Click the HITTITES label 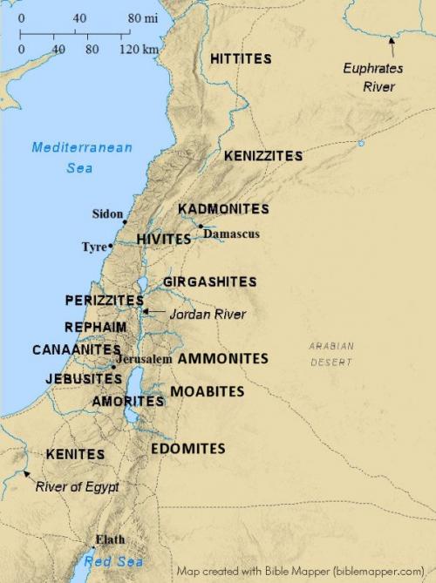pos(241,58)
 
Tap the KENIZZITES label pos(263,156)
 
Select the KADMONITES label pos(223,209)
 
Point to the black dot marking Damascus pos(201,227)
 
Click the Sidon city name pos(107,214)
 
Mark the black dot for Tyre pos(111,247)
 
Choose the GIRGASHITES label pos(209,281)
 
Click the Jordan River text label pos(208,314)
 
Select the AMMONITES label pos(222,358)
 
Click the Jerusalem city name pos(144,359)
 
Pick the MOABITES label pos(207,391)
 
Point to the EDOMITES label pos(187,449)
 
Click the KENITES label pos(75,454)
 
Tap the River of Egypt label pos(77,487)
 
